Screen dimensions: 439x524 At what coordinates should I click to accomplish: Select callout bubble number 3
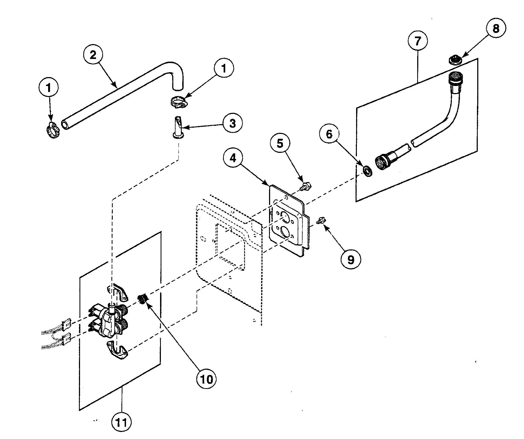coord(232,124)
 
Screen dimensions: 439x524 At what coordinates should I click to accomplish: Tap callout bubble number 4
coord(233,158)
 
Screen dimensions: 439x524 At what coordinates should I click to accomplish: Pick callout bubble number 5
coord(280,143)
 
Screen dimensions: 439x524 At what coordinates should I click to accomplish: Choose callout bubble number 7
coord(418,41)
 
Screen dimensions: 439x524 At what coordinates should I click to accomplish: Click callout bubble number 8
coord(496,28)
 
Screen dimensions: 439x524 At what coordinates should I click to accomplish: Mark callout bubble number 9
coord(350,260)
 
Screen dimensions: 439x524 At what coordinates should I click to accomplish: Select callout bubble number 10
coord(207,379)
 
